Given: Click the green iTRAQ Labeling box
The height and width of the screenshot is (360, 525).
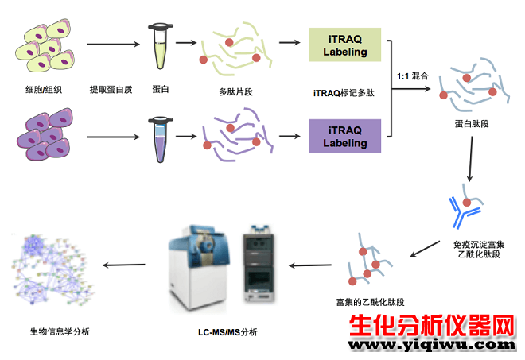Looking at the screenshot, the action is tap(344, 45).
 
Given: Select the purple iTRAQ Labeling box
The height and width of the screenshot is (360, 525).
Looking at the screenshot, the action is tap(344, 136).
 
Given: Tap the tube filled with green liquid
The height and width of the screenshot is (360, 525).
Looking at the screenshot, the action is tap(161, 46).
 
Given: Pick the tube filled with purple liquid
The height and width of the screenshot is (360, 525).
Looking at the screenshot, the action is tap(161, 140).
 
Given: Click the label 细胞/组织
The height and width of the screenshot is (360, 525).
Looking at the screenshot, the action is tap(44, 90).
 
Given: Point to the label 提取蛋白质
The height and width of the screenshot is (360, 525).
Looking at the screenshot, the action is tap(111, 90).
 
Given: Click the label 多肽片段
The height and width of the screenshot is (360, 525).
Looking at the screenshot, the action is tap(235, 92).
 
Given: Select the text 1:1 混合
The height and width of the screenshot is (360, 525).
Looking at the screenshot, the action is tap(413, 76).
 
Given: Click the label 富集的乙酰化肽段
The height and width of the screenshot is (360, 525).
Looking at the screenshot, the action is tap(371, 303).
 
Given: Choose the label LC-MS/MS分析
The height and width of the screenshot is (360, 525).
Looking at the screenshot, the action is tap(227, 332).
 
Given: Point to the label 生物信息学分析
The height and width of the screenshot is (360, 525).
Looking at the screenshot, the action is tap(60, 331).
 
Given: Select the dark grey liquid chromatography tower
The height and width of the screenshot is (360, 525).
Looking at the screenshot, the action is tap(259, 263).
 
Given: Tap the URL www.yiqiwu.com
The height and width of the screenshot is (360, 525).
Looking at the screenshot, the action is tap(432, 345).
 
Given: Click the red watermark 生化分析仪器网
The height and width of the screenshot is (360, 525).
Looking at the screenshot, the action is tap(432, 325).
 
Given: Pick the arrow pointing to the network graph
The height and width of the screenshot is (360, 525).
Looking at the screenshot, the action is tap(124, 265).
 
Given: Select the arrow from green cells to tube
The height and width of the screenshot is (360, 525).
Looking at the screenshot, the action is tap(113, 45).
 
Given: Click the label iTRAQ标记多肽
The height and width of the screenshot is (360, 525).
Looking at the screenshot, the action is tap(344, 93).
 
